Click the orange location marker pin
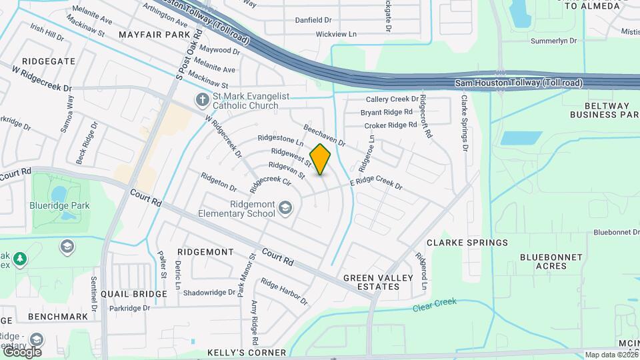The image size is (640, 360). [321, 159]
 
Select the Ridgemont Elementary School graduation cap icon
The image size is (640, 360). [285, 209]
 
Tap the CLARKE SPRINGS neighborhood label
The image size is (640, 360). [467, 243]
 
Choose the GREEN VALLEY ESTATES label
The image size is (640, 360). [371, 282]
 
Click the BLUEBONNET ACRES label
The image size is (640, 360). [551, 261]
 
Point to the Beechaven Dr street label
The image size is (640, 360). [325, 135]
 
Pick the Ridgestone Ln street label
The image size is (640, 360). [281, 141]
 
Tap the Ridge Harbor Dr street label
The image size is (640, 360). [284, 291]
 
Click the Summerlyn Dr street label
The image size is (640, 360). [553, 41]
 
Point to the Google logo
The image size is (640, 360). [22, 352]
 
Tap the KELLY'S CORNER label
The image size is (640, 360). [247, 352]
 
